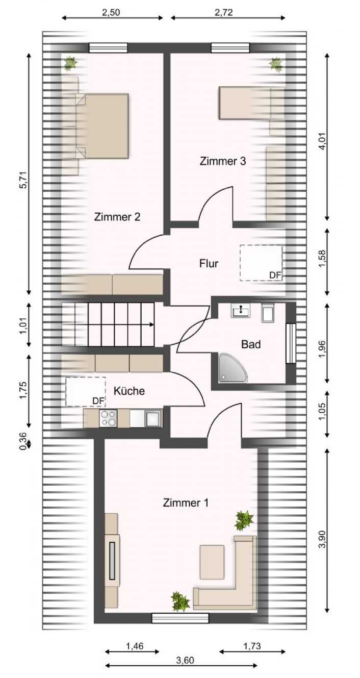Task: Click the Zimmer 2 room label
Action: [x=117, y=217]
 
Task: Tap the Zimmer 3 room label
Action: [x=223, y=161]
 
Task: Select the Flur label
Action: [x=209, y=263]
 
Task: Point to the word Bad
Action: [x=251, y=344]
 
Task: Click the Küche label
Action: [x=129, y=391]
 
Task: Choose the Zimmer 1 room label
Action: [x=186, y=503]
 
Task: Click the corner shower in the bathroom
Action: [x=233, y=367]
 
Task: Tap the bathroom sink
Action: [x=241, y=310]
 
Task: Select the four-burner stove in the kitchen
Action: [x=108, y=418]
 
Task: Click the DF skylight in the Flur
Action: [x=261, y=263]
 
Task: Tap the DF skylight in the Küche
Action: [x=86, y=391]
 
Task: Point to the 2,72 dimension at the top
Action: [x=223, y=12]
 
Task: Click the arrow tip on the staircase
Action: [x=153, y=324]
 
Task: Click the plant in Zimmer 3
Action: [x=276, y=65]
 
